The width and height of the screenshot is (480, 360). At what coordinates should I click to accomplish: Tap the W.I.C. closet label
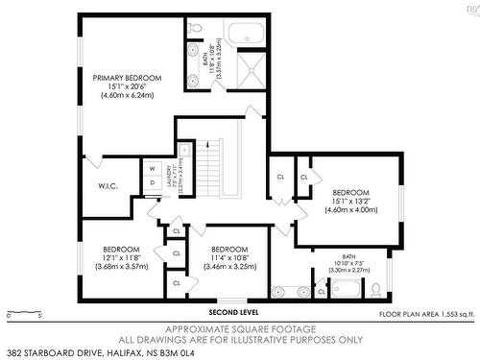pyautogui.click(x=108, y=185)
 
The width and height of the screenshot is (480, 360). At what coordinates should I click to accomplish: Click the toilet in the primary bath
pyautogui.click(x=195, y=50)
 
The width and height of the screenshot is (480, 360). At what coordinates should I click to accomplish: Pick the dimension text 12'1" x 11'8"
pyautogui.click(x=121, y=256)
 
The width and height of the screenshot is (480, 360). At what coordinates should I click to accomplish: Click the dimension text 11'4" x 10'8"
pyautogui.click(x=229, y=256)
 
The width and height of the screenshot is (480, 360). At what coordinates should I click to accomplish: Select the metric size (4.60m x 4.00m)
pyautogui.click(x=350, y=209)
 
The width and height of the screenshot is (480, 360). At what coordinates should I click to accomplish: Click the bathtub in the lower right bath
pyautogui.click(x=343, y=289)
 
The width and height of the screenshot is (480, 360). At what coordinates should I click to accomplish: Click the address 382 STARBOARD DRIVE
pyautogui.click(x=67, y=353)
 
